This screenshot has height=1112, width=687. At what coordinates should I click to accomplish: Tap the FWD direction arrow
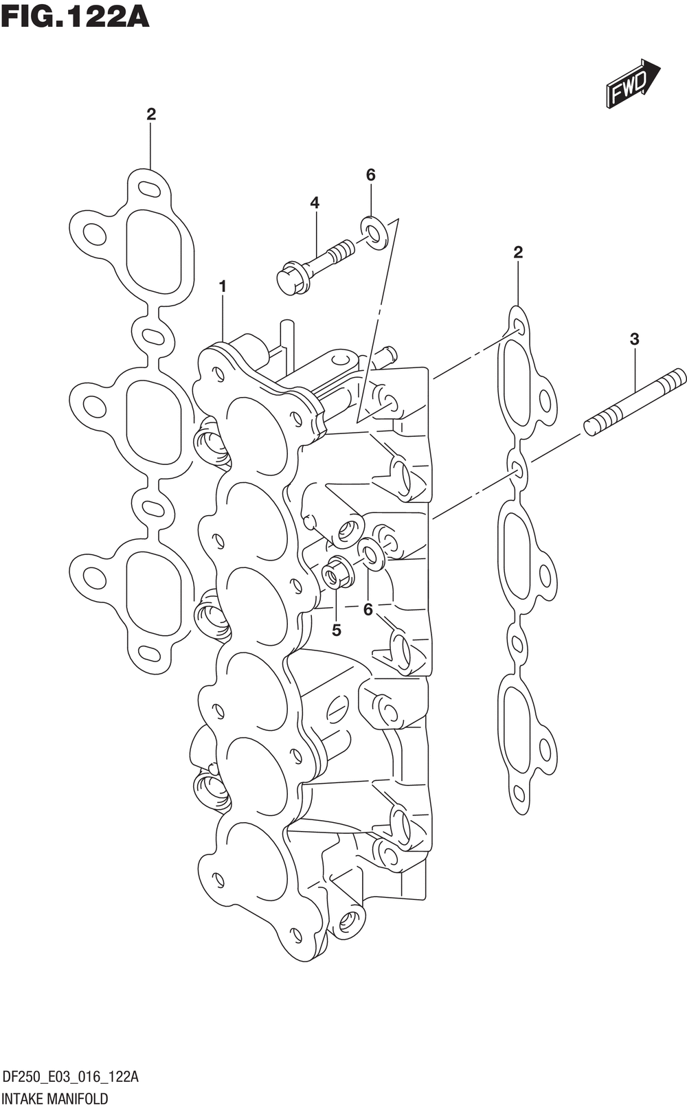(x=632, y=84)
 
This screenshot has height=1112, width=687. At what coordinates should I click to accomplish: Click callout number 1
(x=223, y=286)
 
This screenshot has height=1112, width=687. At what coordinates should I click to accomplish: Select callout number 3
(x=634, y=339)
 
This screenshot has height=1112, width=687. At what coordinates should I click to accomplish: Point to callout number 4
(x=315, y=203)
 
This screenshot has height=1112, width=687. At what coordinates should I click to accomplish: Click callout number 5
(x=336, y=630)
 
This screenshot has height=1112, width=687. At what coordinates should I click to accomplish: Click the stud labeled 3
(x=635, y=401)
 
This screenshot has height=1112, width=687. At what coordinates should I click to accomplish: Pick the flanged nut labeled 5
(x=337, y=574)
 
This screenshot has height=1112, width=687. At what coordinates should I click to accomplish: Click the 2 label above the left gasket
(x=151, y=114)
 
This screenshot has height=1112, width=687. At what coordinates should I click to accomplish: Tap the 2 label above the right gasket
(x=518, y=252)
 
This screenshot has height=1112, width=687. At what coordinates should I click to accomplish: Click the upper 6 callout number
(x=370, y=175)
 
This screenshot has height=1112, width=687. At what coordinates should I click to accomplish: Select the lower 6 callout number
(x=368, y=609)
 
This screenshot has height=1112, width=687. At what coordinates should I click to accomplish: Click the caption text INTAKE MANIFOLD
(x=56, y=1098)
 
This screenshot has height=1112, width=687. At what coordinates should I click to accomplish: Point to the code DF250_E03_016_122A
(x=71, y=1076)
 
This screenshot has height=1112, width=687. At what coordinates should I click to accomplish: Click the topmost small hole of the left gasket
(x=148, y=188)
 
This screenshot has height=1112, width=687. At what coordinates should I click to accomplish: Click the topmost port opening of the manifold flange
(x=256, y=434)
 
